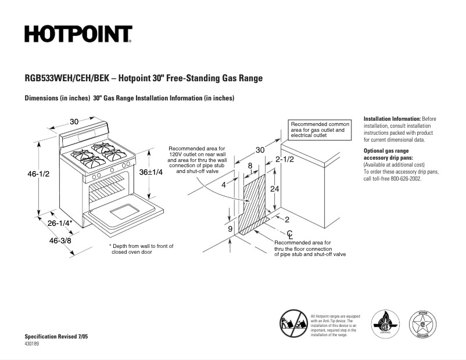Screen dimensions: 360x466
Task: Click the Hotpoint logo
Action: tap(78, 34)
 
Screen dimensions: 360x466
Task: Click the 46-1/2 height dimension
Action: tap(38, 174)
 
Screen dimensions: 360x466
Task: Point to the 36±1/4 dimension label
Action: tap(150, 172)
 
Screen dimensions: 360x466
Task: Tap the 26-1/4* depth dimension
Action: tap(60, 223)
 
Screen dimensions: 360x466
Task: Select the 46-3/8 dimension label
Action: tap(60, 240)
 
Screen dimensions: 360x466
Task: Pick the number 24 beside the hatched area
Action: tap(275, 189)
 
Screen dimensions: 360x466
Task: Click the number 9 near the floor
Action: tap(231, 229)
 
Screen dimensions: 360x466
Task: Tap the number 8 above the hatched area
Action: tap(250, 165)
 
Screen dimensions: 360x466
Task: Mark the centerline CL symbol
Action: tap(289, 233)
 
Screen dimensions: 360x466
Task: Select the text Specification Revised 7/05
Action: tap(56, 337)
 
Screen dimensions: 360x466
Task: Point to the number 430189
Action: tap(33, 344)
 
